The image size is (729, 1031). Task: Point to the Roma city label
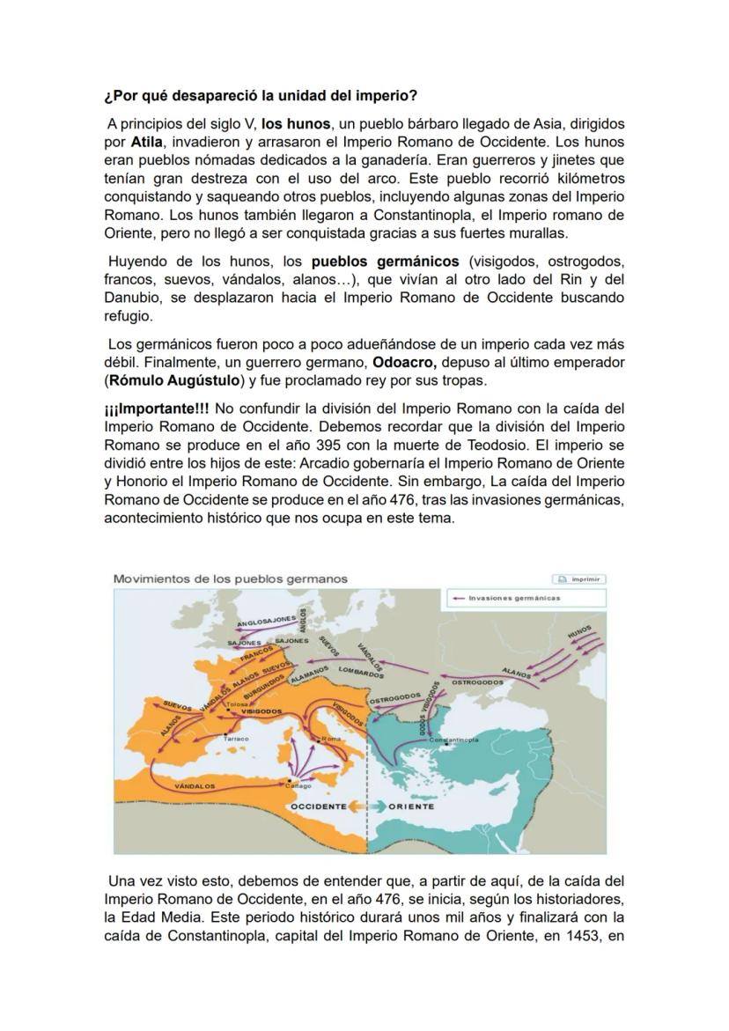[x=331, y=739]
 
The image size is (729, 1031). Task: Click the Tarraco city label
[x=236, y=739]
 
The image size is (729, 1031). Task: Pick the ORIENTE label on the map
[x=411, y=806]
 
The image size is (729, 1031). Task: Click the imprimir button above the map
[x=578, y=579]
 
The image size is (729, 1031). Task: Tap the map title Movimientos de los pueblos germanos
[x=230, y=579]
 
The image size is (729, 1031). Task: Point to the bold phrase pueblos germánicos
[x=385, y=261]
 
